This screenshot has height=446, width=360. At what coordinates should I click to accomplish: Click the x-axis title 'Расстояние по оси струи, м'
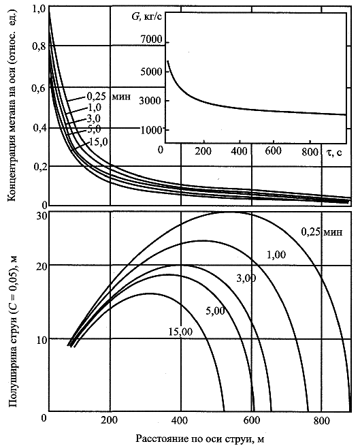(x=200, y=439)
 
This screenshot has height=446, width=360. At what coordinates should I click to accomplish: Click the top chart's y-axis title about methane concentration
(x=12, y=106)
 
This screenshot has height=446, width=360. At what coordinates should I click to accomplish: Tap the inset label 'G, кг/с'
(x=147, y=17)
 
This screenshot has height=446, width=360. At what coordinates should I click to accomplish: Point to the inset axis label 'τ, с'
(x=333, y=153)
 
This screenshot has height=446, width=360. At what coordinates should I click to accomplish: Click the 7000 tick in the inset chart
(x=152, y=39)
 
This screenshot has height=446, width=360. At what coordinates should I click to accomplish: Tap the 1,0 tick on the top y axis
(x=39, y=10)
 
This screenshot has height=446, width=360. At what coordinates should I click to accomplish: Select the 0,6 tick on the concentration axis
(x=39, y=88)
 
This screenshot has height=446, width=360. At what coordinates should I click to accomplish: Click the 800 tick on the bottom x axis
(x=322, y=420)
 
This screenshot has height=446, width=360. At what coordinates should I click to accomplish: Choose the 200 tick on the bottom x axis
(x=110, y=420)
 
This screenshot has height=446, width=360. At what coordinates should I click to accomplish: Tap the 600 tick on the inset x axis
(x=274, y=150)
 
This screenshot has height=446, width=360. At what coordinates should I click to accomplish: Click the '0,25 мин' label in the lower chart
(x=322, y=232)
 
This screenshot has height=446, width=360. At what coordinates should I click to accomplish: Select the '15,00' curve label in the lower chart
(x=180, y=332)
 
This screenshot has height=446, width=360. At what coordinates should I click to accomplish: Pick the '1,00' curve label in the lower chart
(x=276, y=255)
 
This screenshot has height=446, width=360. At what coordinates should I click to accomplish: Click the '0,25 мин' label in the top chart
(x=109, y=97)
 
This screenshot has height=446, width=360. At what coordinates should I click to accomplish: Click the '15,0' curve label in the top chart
(x=99, y=142)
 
